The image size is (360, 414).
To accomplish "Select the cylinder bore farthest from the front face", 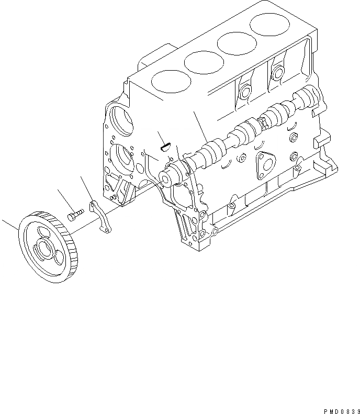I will click(x=268, y=23).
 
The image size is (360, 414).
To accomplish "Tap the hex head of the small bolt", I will click(x=72, y=216).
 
